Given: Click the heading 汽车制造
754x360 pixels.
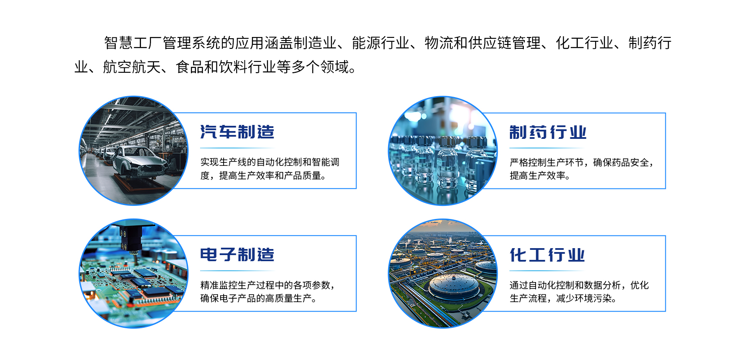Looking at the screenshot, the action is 237,132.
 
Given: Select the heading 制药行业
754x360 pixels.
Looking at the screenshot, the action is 548,132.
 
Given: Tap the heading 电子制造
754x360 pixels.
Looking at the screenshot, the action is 237,255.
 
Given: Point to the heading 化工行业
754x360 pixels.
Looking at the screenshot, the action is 547,255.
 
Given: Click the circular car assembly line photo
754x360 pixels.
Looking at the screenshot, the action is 134,151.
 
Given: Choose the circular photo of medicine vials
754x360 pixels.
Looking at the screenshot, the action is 442,151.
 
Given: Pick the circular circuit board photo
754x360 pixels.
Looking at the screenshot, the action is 134,273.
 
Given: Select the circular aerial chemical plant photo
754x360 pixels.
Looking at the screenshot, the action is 442,273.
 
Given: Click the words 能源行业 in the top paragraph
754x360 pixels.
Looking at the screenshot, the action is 380,43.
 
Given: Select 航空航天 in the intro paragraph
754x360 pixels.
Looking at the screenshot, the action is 132,67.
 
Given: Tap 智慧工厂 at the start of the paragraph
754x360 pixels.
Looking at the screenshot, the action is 133,43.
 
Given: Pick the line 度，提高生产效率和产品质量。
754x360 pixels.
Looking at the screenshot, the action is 263,175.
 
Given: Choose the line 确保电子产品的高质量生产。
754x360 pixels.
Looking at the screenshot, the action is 258,298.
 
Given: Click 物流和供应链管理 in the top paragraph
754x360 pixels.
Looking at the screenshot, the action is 483,43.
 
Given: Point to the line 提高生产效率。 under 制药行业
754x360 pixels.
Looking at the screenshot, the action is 540,175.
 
